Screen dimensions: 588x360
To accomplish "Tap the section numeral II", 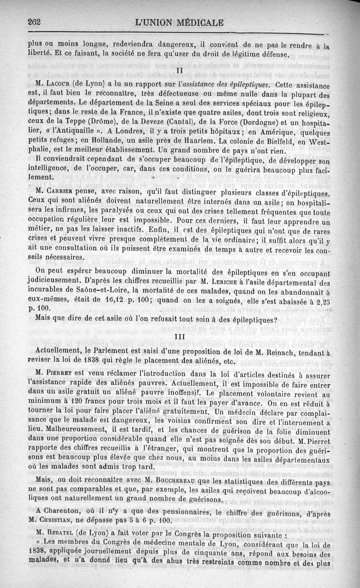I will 179,71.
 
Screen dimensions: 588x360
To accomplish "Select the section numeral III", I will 180,337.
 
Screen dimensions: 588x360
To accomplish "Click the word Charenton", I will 74,512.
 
